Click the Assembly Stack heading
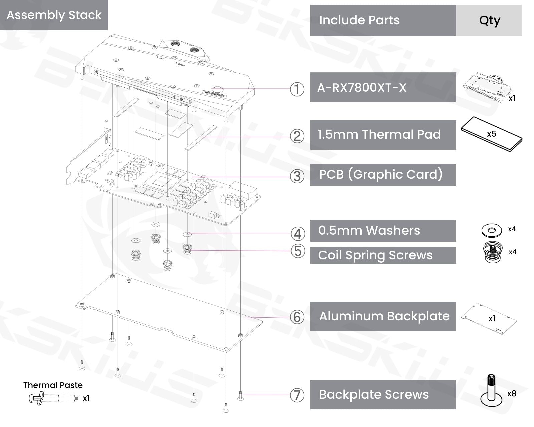tap(54, 15)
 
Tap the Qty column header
tap(489, 20)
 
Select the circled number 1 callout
tap(297, 89)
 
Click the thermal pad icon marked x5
tap(492, 134)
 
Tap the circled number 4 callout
tap(298, 234)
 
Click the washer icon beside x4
tap(491, 230)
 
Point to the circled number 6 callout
tap(297, 317)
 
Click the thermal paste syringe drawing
tap(53, 398)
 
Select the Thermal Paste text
tap(53, 385)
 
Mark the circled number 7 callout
tap(297, 395)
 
